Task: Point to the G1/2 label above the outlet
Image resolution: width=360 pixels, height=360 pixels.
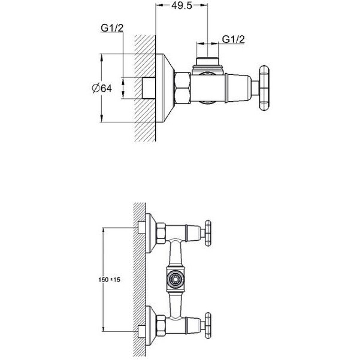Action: coord(234,40)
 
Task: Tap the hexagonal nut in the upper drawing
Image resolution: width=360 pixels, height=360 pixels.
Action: coord(181,87)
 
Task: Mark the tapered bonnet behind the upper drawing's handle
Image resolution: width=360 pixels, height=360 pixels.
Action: coord(240,87)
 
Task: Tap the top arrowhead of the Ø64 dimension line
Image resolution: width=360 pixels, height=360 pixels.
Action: coord(101,58)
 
